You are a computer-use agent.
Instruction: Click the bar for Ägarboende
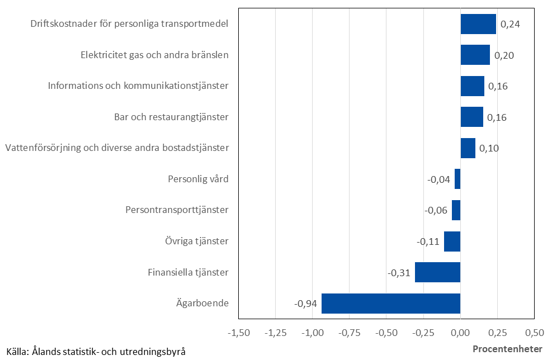click(x=390, y=304)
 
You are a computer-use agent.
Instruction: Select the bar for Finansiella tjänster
click(x=437, y=272)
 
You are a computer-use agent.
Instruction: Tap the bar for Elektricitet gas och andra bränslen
click(x=475, y=55)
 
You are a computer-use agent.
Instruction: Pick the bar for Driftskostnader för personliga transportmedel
click(x=478, y=24)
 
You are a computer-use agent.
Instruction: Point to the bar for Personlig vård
click(x=457, y=179)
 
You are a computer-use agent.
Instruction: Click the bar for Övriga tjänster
click(x=452, y=241)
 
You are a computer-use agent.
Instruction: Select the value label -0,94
click(x=305, y=304)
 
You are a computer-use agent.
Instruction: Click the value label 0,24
click(x=510, y=25)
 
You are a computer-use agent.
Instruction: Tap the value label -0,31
click(x=399, y=273)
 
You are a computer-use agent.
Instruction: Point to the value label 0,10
click(x=489, y=149)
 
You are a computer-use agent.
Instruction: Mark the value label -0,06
click(x=436, y=211)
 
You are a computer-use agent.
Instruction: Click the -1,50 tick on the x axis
click(x=239, y=333)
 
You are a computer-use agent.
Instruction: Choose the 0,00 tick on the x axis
click(x=460, y=333)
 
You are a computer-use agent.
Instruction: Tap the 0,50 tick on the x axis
click(x=534, y=333)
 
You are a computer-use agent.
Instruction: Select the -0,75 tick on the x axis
click(x=350, y=333)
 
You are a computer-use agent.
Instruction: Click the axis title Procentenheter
click(x=507, y=349)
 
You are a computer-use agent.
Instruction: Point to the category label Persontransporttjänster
click(x=177, y=210)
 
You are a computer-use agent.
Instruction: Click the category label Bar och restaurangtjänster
click(x=171, y=117)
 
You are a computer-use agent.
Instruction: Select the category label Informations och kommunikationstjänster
click(x=138, y=86)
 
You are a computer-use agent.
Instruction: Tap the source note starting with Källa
click(x=93, y=351)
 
